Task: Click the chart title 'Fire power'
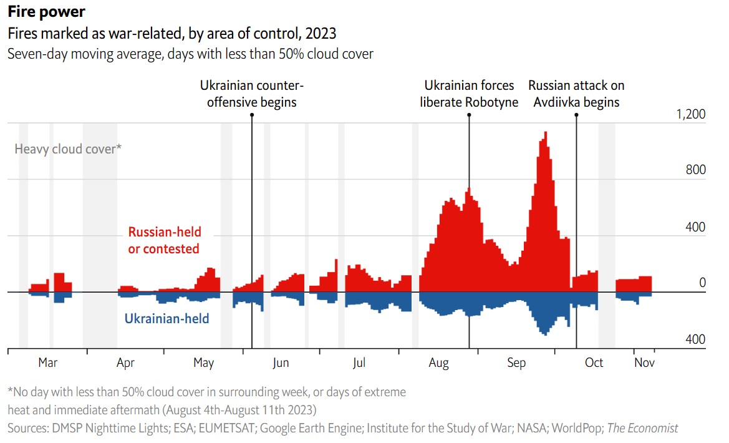(46, 12)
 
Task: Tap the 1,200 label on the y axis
(691, 115)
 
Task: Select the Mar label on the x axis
(47, 363)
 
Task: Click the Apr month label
(125, 363)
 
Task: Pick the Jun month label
(281, 363)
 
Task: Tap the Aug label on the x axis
(439, 363)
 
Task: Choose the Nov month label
(644, 363)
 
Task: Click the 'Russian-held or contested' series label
(165, 240)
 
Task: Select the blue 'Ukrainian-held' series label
(167, 319)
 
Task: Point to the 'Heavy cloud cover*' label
(67, 149)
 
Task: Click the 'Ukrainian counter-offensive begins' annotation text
(252, 94)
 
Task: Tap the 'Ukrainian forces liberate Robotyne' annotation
(469, 94)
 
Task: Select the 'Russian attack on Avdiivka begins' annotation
(576, 94)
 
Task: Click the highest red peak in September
(546, 133)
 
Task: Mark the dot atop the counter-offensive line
(252, 114)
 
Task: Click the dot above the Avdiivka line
(576, 114)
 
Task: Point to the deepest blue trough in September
(545, 334)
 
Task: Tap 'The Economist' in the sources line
(642, 428)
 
